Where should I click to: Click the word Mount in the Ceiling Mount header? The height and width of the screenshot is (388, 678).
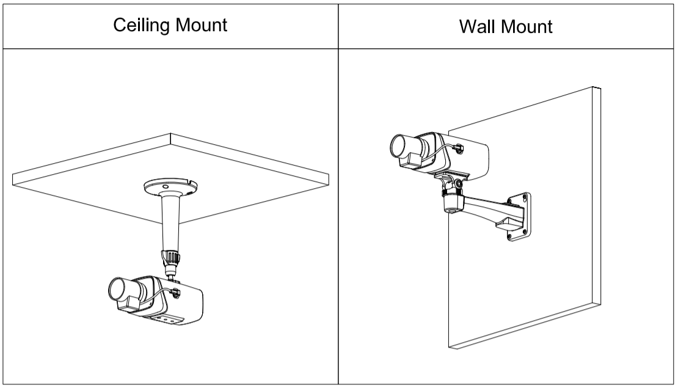[202, 26]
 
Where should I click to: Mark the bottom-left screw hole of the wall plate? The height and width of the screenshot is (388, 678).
[509, 235]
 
